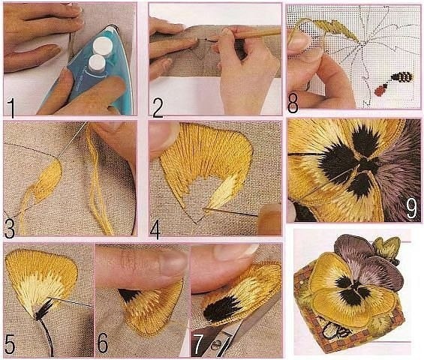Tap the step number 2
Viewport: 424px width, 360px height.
[x=158, y=108]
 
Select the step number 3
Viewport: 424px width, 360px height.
[x=10, y=229]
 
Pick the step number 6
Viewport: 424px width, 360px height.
[x=103, y=343]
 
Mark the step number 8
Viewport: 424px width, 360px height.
[x=293, y=103]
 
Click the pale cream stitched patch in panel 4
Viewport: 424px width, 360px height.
[x=220, y=193]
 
